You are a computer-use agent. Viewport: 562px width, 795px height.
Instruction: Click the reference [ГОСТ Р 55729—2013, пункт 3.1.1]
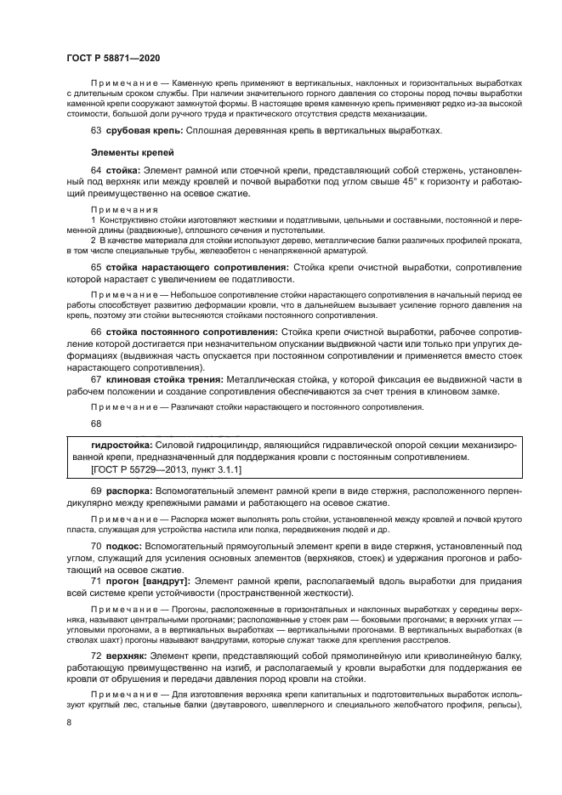[166, 468]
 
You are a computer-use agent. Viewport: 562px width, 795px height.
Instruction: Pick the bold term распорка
[129, 491]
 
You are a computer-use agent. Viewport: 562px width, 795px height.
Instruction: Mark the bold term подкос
[125, 543]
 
